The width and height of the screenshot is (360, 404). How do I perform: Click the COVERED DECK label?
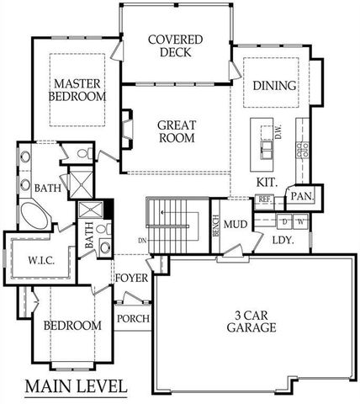pyautogui.click(x=174, y=45)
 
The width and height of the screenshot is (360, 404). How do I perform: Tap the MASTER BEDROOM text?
pyautogui.click(x=78, y=90)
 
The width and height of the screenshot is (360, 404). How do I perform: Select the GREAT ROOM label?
pyautogui.click(x=176, y=131)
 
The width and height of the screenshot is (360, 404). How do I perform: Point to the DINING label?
pyautogui.click(x=274, y=86)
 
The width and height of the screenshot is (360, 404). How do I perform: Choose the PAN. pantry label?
pyautogui.click(x=300, y=197)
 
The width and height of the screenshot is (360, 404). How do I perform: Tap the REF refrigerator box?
pyautogui.click(x=264, y=200)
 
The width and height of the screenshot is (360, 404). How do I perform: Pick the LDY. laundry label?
pyautogui.click(x=283, y=240)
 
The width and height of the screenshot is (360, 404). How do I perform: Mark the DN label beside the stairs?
pyautogui.click(x=142, y=240)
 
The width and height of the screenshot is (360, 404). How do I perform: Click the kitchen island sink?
pyautogui.click(x=267, y=150)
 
